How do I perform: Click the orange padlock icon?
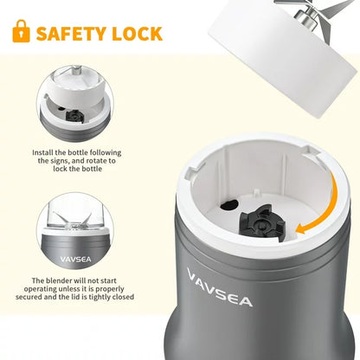(21, 32)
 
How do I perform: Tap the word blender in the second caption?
(63, 281)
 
